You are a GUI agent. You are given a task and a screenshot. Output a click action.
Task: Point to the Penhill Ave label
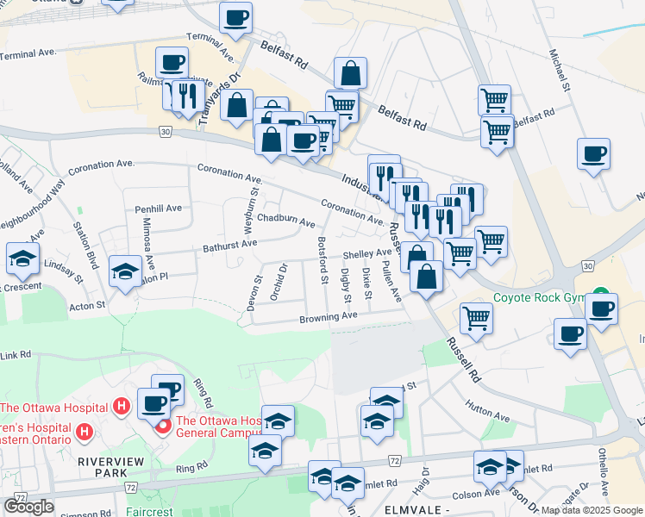click(x=158, y=209)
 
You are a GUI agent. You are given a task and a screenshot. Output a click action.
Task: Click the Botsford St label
click(x=323, y=260)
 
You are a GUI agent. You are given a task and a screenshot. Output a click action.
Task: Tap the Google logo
click(x=28, y=507)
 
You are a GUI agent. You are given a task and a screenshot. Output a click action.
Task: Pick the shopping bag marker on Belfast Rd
click(x=350, y=72)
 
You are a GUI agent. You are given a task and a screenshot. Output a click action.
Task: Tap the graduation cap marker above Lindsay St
click(x=22, y=257)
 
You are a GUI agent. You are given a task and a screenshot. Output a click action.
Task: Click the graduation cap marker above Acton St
click(x=125, y=271)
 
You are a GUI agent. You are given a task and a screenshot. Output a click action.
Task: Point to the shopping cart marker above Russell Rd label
click(x=476, y=317)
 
